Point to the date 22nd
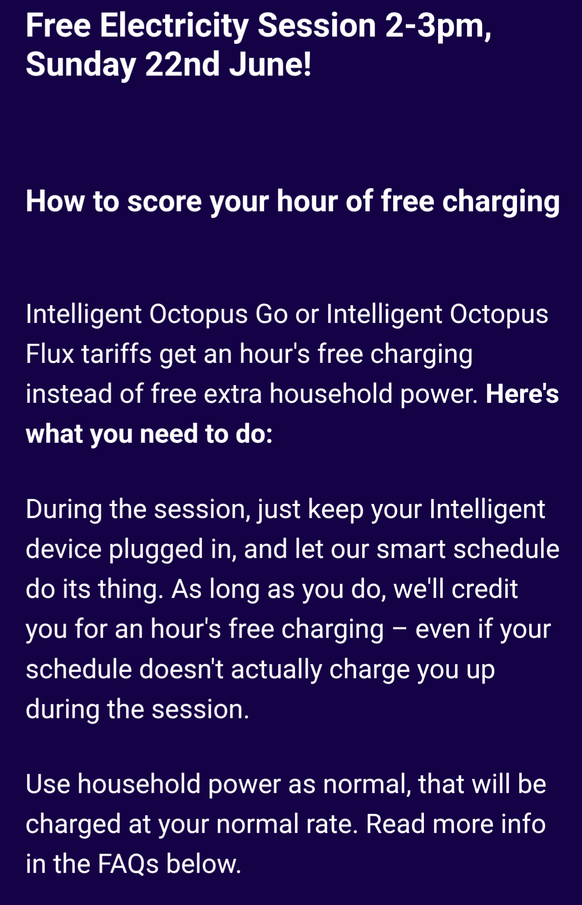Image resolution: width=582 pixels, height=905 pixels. click(183, 64)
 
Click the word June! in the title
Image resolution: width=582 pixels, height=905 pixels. click(271, 64)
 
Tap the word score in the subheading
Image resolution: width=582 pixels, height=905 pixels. click(164, 202)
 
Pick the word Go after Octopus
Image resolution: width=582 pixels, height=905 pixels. click(272, 314)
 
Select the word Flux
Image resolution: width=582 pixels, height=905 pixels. click(50, 354)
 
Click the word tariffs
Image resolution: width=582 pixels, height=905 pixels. click(117, 354)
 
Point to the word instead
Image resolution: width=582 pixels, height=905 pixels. click(69, 394)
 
